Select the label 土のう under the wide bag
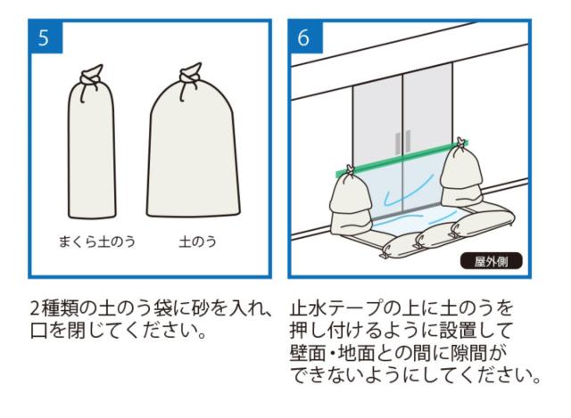pyautogui.click(x=192, y=242)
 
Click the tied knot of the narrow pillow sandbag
pyautogui.click(x=89, y=75)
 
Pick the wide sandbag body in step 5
pyautogui.click(x=193, y=156)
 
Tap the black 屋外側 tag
pyautogui.click(x=491, y=262)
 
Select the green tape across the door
pyautogui.click(x=401, y=160)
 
